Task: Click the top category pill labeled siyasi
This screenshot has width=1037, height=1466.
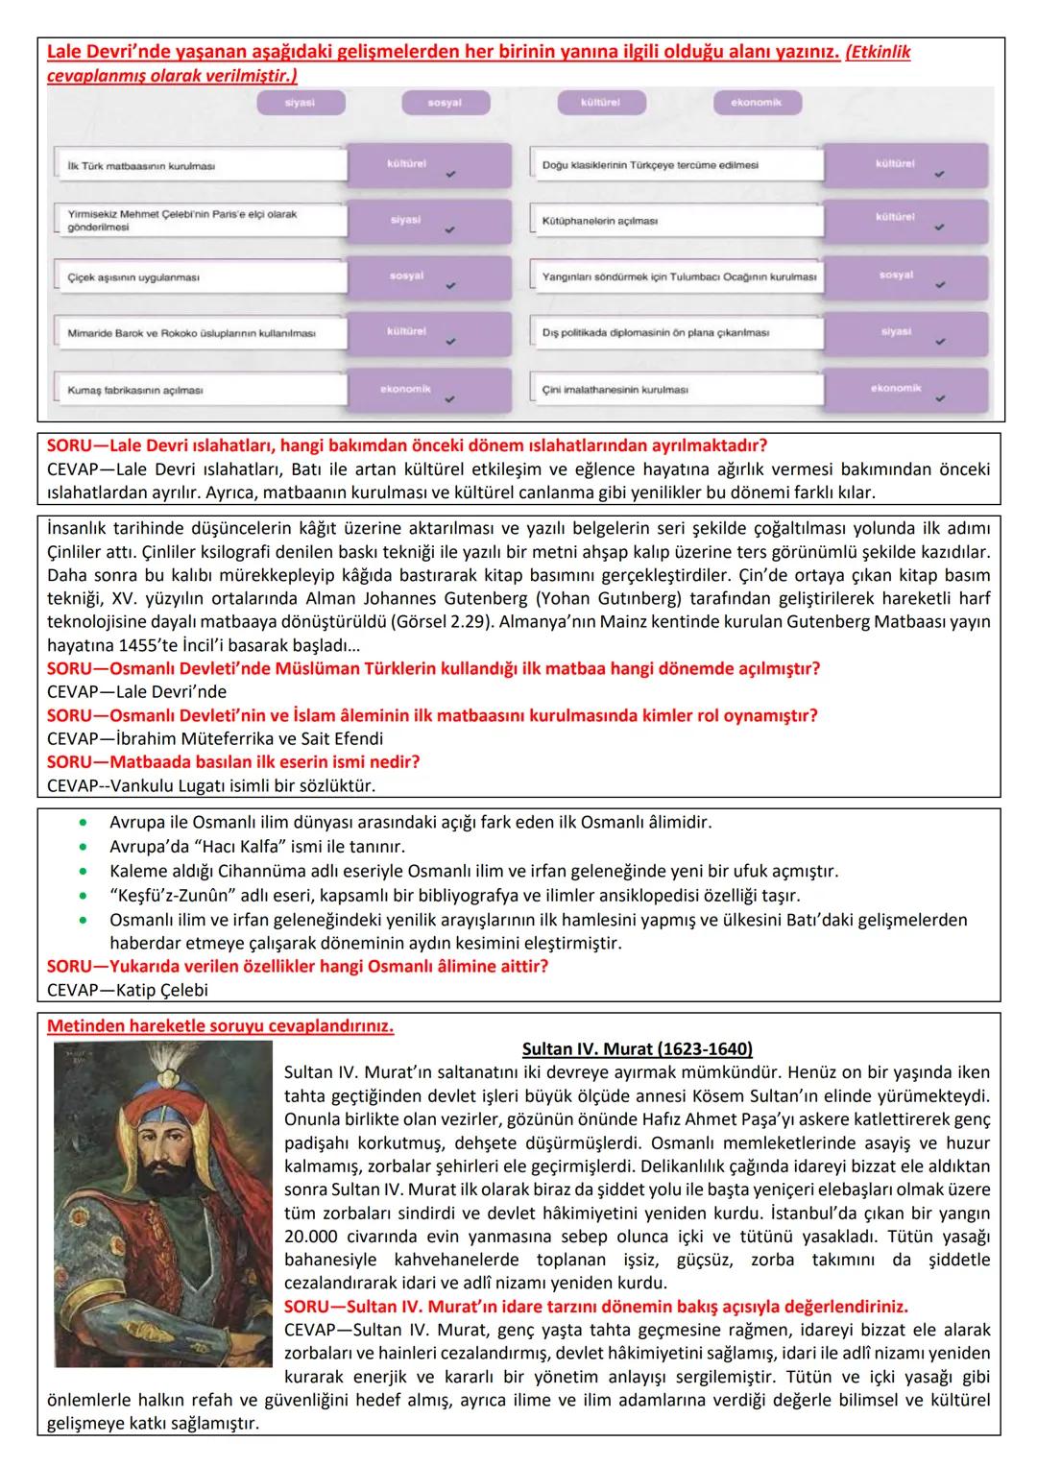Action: pyautogui.click(x=300, y=103)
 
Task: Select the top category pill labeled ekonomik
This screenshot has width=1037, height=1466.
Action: pyautogui.click(x=757, y=103)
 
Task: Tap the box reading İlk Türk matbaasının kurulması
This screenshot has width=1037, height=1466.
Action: pyautogui.click(x=200, y=165)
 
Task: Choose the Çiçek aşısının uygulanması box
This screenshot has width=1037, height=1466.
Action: pyautogui.click(x=200, y=277)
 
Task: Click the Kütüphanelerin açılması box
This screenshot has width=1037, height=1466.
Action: pyautogui.click(x=676, y=221)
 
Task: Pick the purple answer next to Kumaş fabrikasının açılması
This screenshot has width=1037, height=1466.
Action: pyautogui.click(x=405, y=391)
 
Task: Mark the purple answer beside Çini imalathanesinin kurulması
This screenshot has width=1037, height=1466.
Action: pyautogui.click(x=895, y=390)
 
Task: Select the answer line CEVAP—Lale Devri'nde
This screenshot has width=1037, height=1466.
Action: pyautogui.click(x=136, y=692)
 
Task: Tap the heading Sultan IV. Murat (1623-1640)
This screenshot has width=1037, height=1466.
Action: pyautogui.click(x=637, y=1049)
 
